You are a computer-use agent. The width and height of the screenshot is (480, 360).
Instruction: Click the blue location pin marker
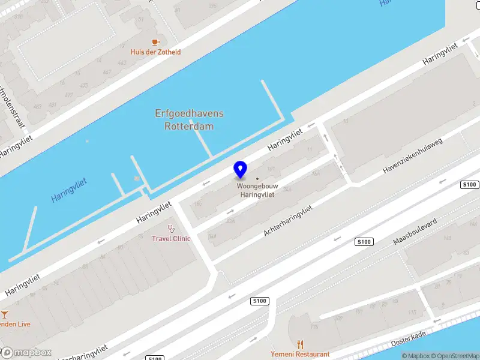click(x=241, y=170)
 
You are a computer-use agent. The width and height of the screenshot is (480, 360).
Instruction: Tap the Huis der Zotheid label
click(x=155, y=52)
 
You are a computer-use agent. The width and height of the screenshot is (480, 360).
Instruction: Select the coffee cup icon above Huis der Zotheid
click(x=155, y=42)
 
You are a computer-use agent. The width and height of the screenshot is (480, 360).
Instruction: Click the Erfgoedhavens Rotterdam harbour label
click(x=189, y=119)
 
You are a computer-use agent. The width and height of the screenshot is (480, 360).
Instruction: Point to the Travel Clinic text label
click(x=171, y=238)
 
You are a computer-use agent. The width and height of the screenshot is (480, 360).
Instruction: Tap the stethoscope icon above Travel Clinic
click(x=171, y=228)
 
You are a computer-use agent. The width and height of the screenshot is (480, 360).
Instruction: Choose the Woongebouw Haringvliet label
click(x=257, y=191)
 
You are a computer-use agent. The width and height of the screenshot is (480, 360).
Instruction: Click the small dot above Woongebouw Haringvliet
click(x=257, y=179)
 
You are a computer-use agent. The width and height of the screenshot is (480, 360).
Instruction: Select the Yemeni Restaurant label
click(x=300, y=354)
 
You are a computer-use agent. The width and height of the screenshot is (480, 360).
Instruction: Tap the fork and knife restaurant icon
click(x=300, y=344)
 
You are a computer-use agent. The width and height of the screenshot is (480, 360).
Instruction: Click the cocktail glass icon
click(x=5, y=314)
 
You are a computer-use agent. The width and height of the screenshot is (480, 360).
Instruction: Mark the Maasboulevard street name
click(x=415, y=233)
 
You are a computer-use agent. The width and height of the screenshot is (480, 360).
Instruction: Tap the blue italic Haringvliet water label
click(x=69, y=189)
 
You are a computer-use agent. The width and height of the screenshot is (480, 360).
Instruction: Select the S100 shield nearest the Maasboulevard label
click(x=364, y=242)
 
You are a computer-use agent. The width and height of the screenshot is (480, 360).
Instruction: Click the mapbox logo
click(x=26, y=352)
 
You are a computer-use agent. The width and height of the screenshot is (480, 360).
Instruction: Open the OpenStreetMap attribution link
click(x=459, y=356)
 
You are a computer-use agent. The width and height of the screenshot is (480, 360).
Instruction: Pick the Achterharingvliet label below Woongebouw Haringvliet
click(x=288, y=220)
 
